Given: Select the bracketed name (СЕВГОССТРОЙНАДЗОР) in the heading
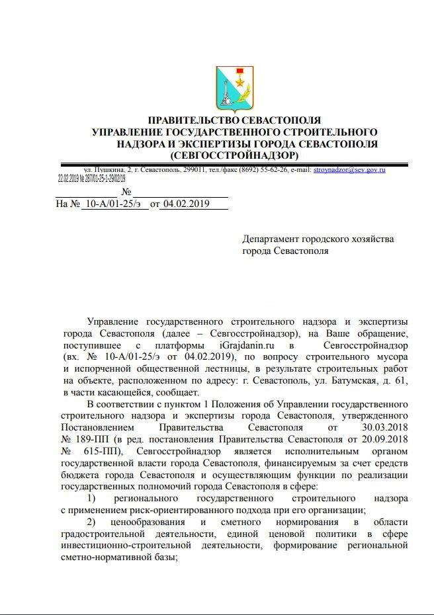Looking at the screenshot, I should [x=234, y=155].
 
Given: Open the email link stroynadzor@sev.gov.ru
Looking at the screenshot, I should [x=349, y=170].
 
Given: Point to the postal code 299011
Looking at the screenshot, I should [x=197, y=170].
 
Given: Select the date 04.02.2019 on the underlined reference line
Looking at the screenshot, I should [x=186, y=204].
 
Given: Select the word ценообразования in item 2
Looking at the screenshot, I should [x=152, y=523].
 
